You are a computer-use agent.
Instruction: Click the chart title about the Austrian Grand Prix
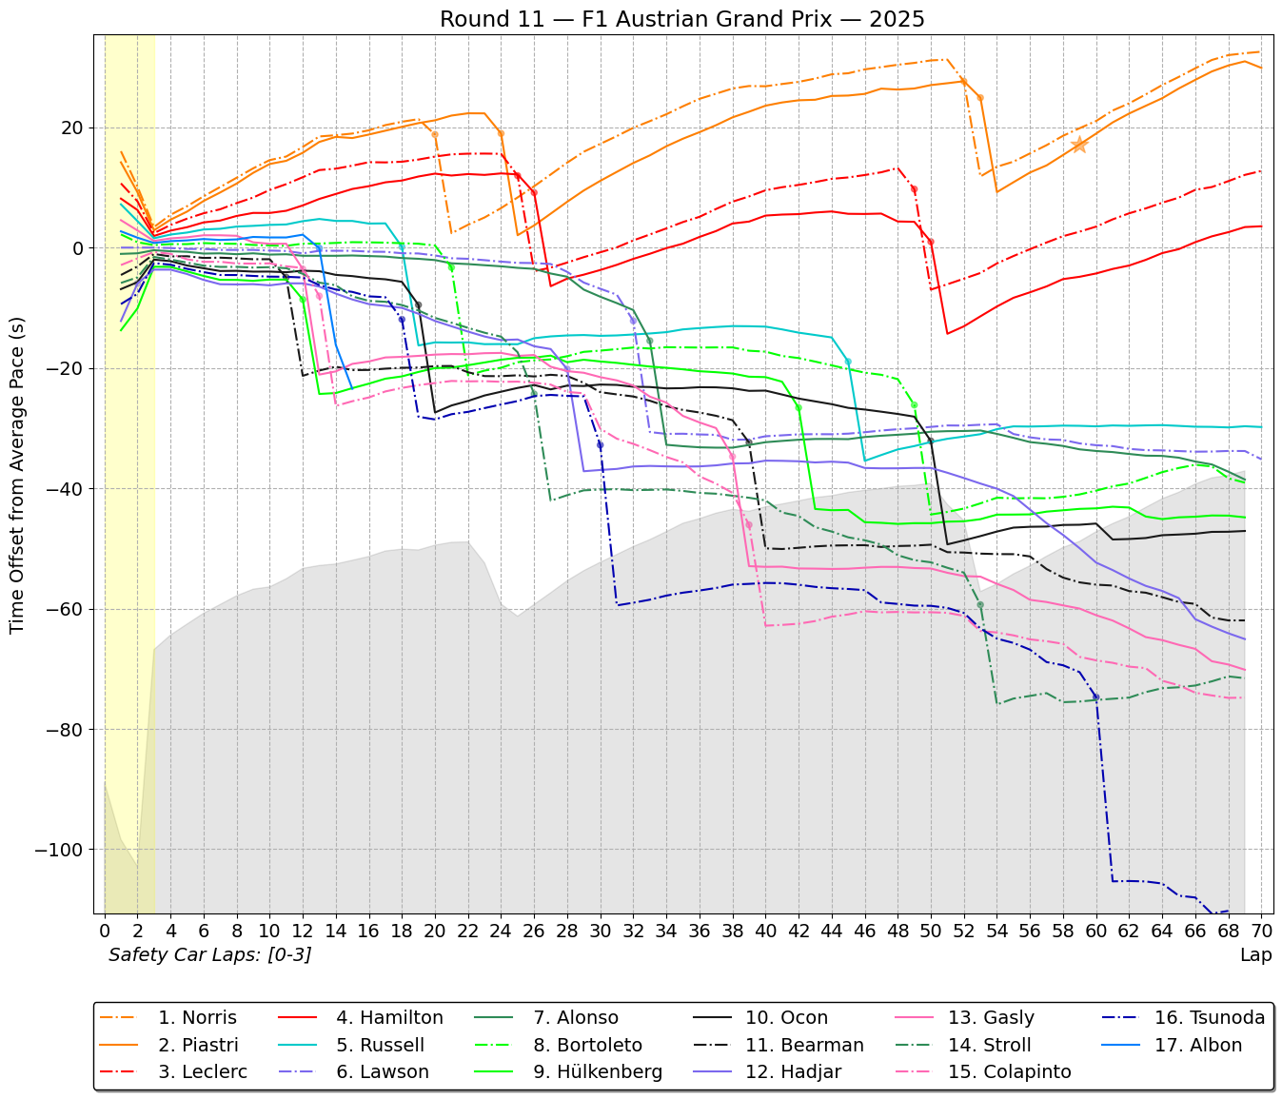681,19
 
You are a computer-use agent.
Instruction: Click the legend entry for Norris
197,1018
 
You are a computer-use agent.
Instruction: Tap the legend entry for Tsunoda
1209,1018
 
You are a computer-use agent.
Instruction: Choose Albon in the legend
1198,1045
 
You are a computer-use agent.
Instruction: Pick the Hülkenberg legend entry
598,1071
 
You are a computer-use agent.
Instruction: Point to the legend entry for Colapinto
1009,1071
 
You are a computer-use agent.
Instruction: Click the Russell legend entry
380,1045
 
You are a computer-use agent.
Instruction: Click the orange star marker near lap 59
1079,145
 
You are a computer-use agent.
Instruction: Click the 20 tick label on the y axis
73,128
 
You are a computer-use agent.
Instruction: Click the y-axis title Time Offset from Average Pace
17,476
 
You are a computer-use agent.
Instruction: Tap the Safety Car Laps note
209,954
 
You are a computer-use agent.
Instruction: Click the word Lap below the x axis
1255,954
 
